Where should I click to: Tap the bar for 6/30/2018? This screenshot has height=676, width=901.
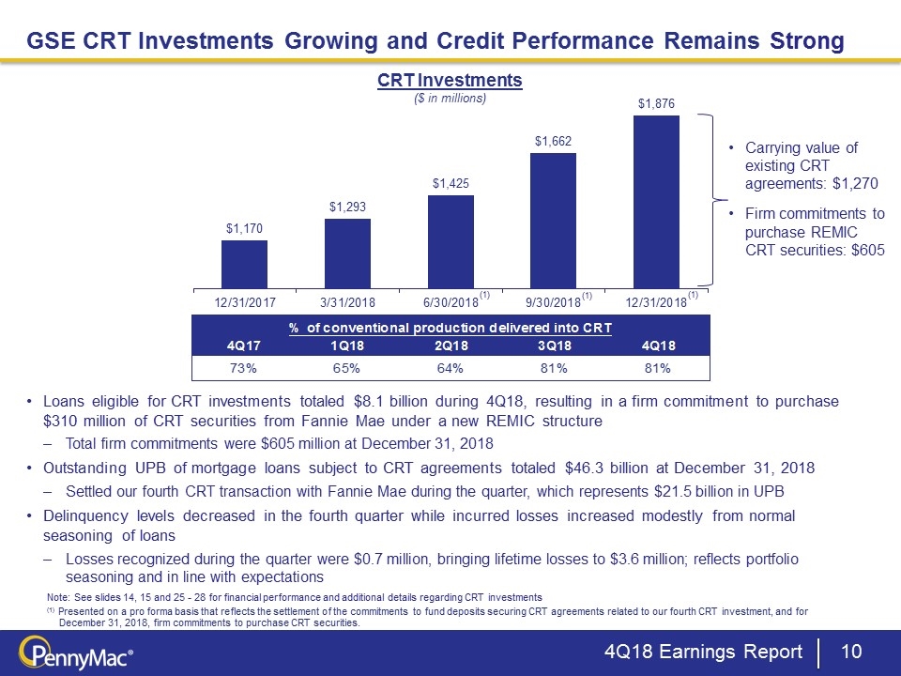(450, 241)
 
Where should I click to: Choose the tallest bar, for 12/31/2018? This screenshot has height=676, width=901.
(656, 201)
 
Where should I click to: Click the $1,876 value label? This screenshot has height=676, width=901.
(656, 103)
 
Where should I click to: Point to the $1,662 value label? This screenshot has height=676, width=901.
(553, 141)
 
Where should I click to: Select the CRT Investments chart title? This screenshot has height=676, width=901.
(450, 82)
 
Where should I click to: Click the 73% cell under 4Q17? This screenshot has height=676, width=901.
(244, 368)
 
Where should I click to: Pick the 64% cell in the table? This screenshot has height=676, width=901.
(450, 368)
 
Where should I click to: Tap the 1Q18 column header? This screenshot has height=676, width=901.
(347, 346)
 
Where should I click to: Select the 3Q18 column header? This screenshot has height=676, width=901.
(553, 346)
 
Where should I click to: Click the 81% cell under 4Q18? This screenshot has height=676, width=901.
(656, 368)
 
